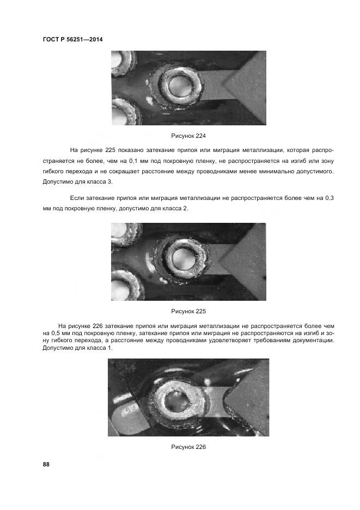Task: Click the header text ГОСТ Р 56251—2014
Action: coord(72,39)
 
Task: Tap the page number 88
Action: coord(46,464)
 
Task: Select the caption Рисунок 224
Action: coord(188,136)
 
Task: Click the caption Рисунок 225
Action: coord(188,311)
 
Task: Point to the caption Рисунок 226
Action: coord(188,447)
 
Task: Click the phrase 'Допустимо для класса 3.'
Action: coord(77,181)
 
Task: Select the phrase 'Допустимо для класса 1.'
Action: coord(77,348)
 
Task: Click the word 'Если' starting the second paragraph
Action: coord(78,199)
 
